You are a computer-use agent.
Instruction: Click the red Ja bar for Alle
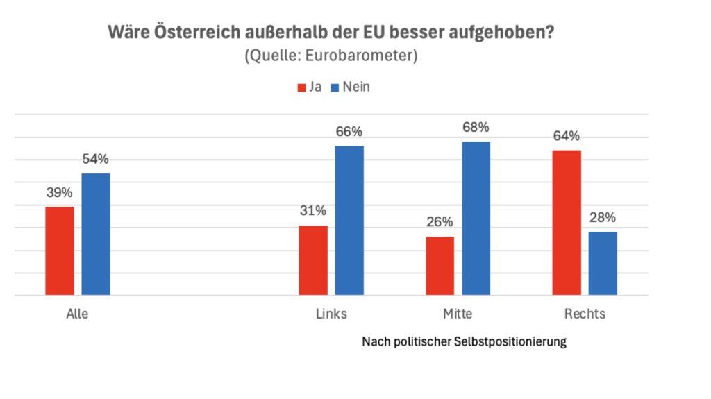(x=60, y=251)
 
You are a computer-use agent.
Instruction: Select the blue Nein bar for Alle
(x=96, y=235)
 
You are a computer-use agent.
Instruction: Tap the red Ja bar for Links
(x=313, y=260)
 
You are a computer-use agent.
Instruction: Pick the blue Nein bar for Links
(x=349, y=221)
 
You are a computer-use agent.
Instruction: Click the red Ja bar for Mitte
(x=440, y=266)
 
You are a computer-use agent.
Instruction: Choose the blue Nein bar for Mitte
(x=476, y=219)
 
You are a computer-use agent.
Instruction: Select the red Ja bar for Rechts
(x=567, y=223)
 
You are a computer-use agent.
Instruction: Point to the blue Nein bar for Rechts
(x=603, y=264)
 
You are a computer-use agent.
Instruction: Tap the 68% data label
(x=476, y=128)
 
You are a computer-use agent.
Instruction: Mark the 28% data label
(x=602, y=217)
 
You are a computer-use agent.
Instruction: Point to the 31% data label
(x=313, y=211)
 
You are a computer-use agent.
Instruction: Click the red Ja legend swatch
(x=302, y=88)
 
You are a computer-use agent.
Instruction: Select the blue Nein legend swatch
(x=334, y=88)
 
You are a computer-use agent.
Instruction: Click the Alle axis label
(x=77, y=314)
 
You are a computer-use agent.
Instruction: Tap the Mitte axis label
(x=458, y=314)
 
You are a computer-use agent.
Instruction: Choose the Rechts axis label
(x=585, y=314)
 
